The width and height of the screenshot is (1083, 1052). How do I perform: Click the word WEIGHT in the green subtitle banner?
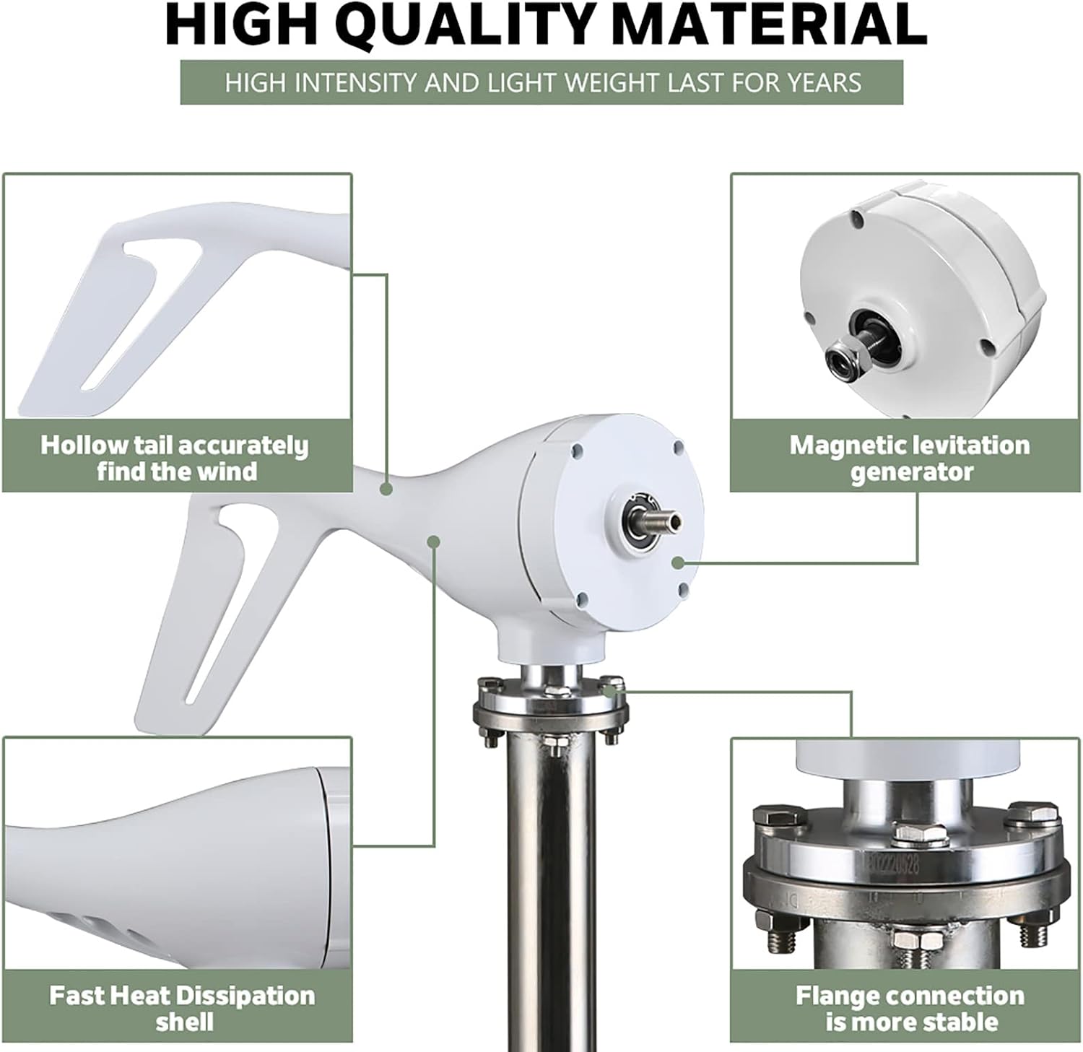click(x=613, y=82)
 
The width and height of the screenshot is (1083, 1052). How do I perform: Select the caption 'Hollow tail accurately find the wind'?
click(x=175, y=458)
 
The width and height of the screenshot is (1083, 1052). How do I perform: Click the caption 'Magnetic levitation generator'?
click(x=910, y=458)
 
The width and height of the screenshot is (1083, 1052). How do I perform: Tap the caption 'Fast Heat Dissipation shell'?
click(x=182, y=1009)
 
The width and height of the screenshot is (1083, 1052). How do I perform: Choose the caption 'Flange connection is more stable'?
click(x=910, y=1009)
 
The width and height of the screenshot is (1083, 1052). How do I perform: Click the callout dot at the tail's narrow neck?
click(x=386, y=489)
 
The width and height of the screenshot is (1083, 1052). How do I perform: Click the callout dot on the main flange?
click(x=611, y=690)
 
